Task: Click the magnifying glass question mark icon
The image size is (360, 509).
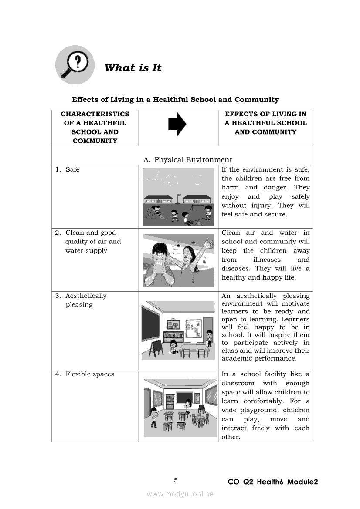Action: point(75,64)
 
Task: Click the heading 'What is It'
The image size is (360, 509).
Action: point(133,68)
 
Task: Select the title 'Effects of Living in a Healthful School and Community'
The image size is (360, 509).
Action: point(175,100)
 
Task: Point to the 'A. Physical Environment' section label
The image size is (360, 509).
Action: point(187,160)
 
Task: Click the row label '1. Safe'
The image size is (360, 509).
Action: point(68,170)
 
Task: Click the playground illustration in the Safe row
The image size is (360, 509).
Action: point(179,197)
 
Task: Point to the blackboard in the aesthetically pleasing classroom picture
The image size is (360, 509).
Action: point(151,325)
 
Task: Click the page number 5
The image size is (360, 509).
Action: point(176,480)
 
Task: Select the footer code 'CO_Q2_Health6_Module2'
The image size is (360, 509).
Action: point(272,482)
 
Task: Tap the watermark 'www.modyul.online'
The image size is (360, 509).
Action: point(180,494)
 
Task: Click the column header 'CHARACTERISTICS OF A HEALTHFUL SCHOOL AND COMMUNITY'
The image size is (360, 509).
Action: point(95,128)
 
